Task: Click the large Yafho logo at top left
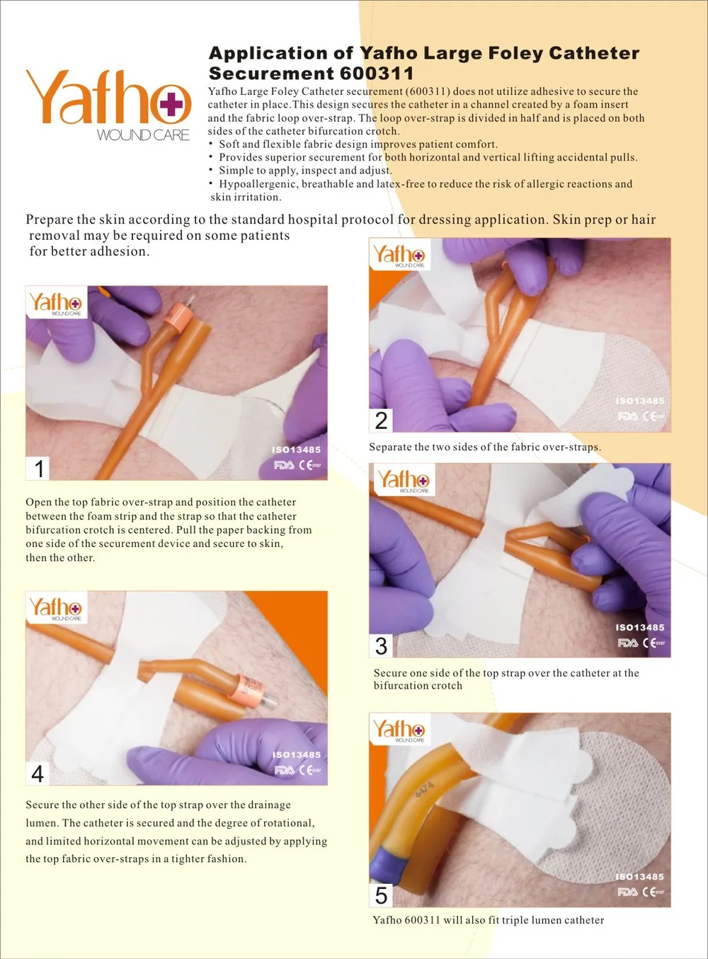(x=108, y=103)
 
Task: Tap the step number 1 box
(x=40, y=468)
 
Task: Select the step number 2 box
(x=381, y=420)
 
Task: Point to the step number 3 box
(x=381, y=645)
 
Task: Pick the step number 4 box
(x=38, y=774)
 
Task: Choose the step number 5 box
(x=381, y=895)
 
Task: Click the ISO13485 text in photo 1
(x=296, y=449)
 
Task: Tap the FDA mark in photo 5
(x=627, y=892)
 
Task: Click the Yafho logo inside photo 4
(x=55, y=609)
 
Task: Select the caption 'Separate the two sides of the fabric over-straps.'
(x=484, y=447)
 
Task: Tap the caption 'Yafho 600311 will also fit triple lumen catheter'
(x=489, y=920)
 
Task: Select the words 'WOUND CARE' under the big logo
(x=144, y=134)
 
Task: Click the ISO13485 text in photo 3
(x=639, y=628)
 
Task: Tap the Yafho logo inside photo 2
(x=399, y=255)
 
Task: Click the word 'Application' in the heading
(x=268, y=54)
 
